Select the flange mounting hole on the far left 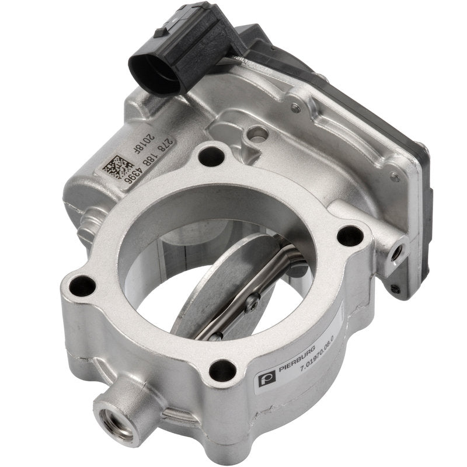point(82,285)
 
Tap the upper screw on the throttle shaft point(253,301)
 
